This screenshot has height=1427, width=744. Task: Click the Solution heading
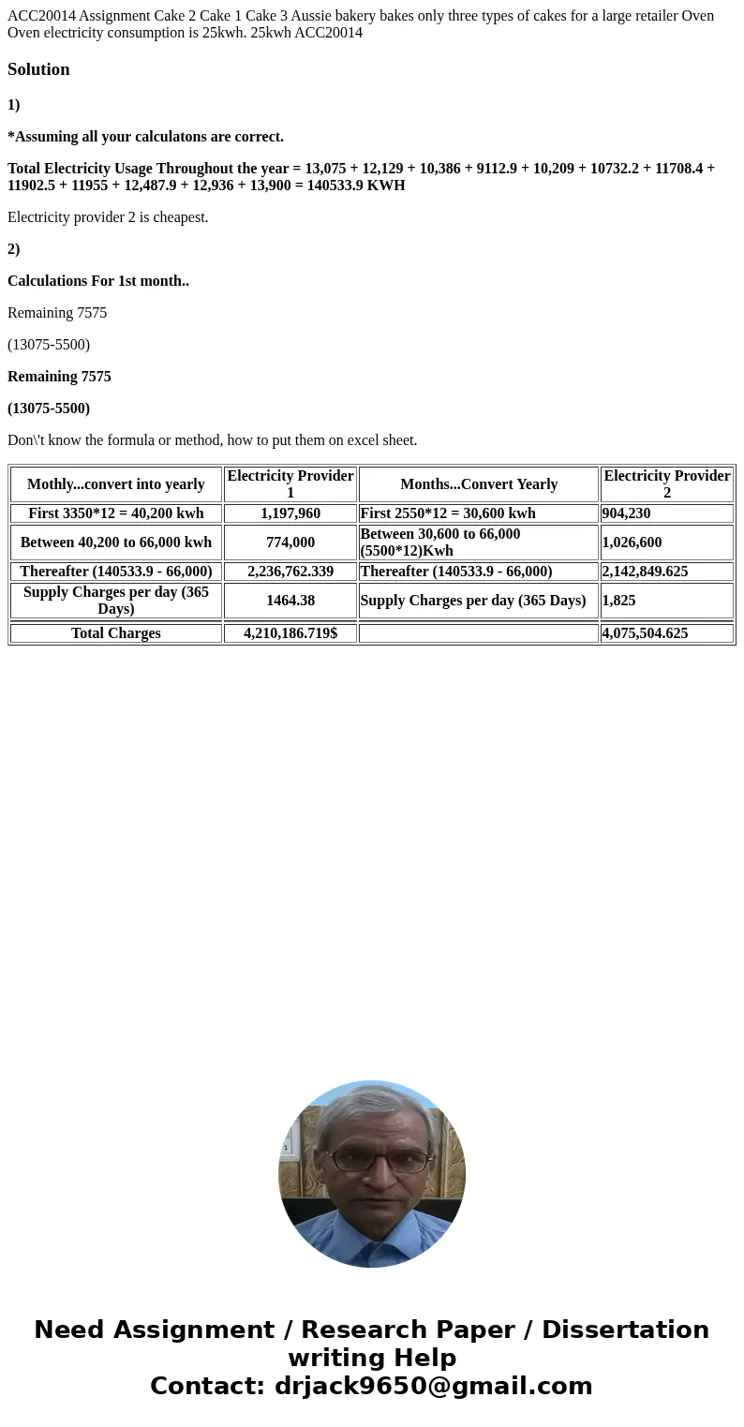38,69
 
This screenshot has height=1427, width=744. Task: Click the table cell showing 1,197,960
290,513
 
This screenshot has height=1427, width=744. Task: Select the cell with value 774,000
290,543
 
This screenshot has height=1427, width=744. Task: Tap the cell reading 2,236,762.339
290,572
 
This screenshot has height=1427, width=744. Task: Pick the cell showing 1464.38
290,601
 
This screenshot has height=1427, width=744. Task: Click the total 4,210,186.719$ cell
290,633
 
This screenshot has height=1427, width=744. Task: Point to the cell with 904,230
626,513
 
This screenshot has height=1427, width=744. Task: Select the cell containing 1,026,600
632,543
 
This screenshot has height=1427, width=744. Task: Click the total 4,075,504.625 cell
645,633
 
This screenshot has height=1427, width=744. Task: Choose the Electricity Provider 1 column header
290,484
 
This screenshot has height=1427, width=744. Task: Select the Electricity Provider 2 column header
666,484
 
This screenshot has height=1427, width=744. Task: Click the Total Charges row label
116,633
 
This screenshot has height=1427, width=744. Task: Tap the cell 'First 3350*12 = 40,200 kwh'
116,513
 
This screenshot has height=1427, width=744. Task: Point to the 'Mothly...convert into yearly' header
116,484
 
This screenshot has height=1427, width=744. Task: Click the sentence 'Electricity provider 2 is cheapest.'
108,217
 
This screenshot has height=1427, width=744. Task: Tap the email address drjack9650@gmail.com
433,1386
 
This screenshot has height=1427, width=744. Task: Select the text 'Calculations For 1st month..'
98,281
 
